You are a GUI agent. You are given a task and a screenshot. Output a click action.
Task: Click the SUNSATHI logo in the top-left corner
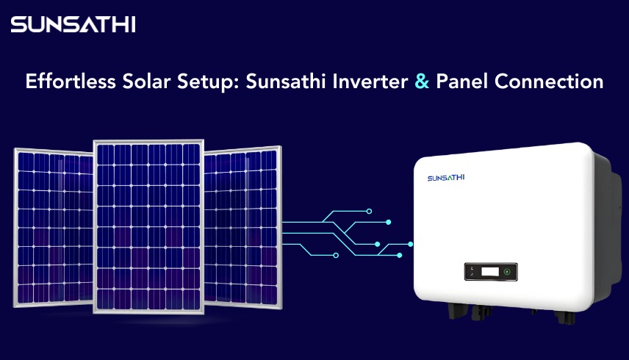73,24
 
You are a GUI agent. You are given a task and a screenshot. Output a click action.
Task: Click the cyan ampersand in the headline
422,82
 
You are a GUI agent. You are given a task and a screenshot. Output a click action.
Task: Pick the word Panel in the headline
462,82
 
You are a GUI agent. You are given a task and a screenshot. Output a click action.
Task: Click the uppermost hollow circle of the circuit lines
370,211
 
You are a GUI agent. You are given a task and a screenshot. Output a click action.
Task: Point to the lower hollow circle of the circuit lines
336,255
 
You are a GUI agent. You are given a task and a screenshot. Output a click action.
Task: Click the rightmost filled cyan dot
411,243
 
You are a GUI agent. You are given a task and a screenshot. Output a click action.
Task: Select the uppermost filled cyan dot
389,221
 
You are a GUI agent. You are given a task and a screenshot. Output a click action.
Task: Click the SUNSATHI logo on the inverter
446,178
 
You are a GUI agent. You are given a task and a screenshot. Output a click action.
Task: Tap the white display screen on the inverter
490,272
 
